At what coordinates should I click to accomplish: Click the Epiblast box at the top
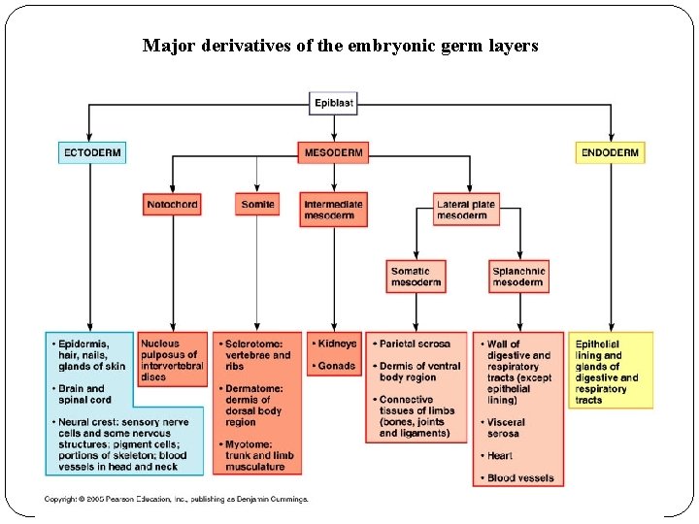click(333, 103)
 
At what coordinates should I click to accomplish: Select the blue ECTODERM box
click(91, 152)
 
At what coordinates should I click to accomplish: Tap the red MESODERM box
click(334, 152)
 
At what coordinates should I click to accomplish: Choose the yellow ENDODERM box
click(610, 152)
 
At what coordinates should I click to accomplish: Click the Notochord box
click(172, 205)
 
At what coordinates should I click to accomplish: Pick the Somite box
click(257, 205)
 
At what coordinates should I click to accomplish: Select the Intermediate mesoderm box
click(333, 210)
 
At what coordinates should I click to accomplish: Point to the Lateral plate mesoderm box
click(466, 210)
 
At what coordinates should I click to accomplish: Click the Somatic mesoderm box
click(416, 277)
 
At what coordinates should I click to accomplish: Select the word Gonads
click(336, 366)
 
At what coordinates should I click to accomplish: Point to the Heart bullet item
click(501, 456)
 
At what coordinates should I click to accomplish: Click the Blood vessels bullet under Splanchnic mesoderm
click(519, 477)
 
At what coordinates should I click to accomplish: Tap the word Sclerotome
click(253, 344)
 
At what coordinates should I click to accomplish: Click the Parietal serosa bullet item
click(415, 344)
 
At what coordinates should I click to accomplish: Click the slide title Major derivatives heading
click(340, 46)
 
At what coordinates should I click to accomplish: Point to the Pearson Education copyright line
click(176, 499)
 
